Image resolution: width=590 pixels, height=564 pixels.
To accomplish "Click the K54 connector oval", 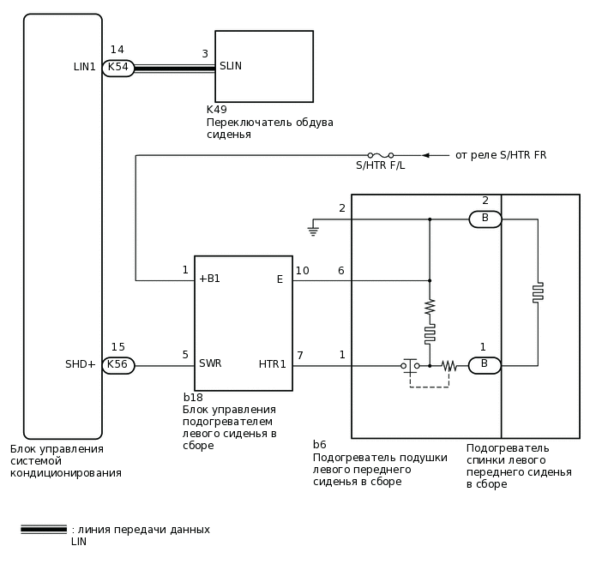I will click(118, 68).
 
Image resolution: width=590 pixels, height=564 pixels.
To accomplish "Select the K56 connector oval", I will click(118, 365).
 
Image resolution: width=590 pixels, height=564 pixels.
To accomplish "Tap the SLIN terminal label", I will click(231, 66).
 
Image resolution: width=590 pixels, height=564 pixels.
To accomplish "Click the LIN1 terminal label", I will click(85, 67).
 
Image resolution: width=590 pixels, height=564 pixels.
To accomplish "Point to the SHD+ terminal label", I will click(81, 364).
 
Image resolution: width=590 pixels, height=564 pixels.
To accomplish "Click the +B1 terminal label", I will click(209, 279).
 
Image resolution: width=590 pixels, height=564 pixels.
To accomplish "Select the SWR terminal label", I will click(210, 363).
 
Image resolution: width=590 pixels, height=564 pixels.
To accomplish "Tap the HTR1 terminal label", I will click(273, 364).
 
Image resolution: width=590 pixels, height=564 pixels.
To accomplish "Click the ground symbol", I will click(314, 229).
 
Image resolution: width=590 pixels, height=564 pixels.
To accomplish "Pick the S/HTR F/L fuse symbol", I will click(381, 155).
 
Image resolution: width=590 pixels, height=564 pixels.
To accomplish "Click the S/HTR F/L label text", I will click(380, 165).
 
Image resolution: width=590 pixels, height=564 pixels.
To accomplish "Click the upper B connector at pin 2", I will click(485, 219).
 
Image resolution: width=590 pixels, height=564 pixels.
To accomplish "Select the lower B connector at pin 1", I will click(485, 365).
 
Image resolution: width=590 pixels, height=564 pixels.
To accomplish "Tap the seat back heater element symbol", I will click(538, 292).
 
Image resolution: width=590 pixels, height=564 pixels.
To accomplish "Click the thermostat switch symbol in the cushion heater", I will click(410, 366).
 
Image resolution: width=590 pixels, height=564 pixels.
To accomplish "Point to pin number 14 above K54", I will click(117, 51).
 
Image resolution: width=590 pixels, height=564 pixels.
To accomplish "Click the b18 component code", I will click(193, 398).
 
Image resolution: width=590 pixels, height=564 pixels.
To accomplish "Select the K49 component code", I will click(217, 110).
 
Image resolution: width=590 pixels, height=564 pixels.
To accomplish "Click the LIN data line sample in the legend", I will click(44, 530).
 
